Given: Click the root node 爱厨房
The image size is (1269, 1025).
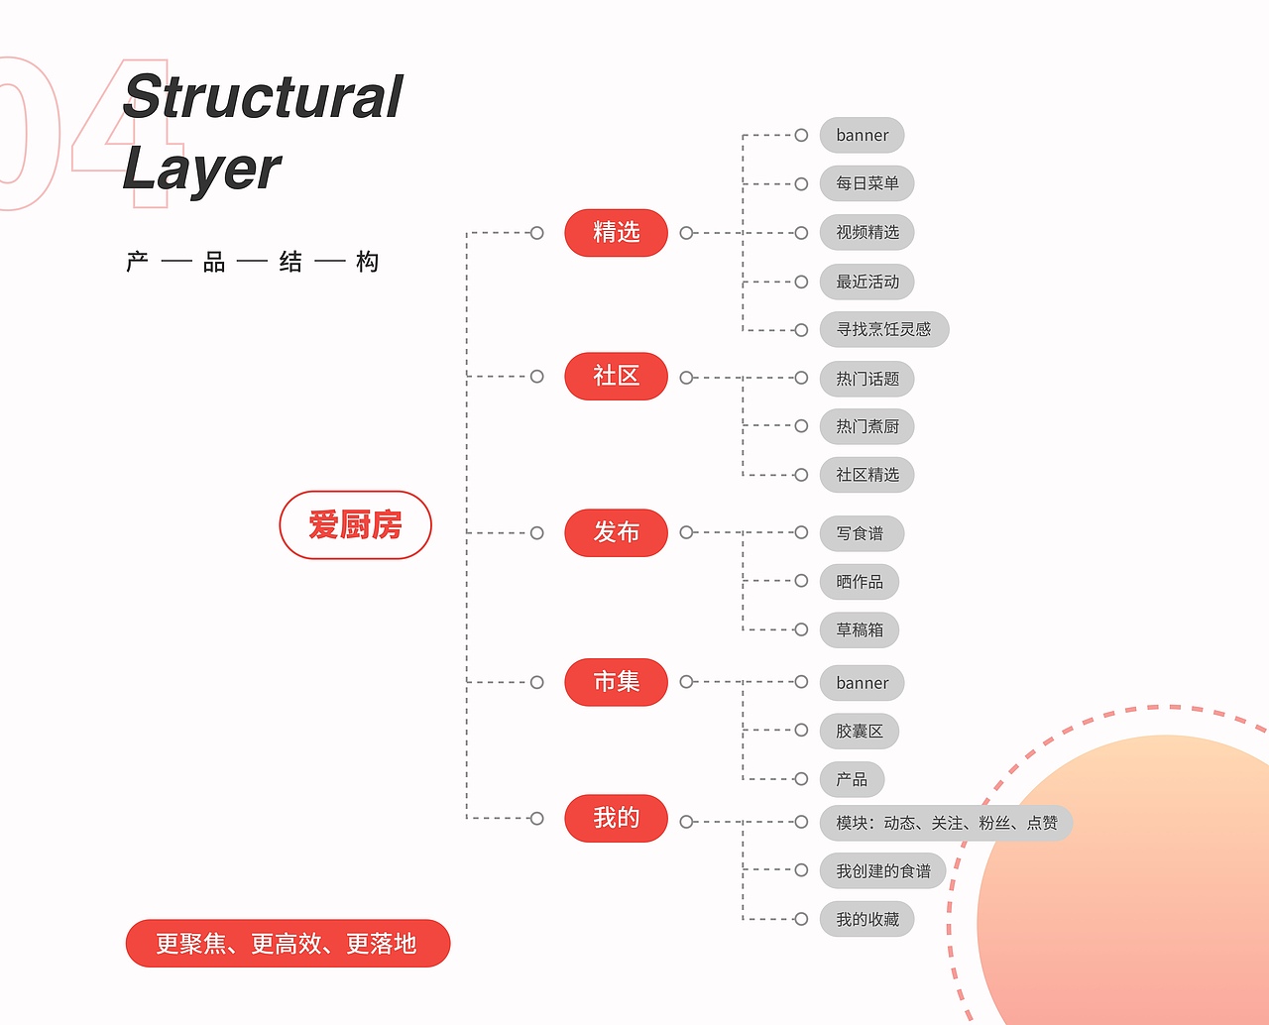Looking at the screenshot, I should [355, 525].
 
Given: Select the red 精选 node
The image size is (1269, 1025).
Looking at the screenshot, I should [616, 233].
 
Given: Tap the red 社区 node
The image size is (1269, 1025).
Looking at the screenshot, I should [616, 376].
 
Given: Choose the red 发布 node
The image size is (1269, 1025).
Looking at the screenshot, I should [616, 532].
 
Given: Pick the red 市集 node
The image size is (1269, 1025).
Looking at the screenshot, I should [616, 682].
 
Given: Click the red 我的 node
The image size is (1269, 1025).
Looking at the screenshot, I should [616, 818].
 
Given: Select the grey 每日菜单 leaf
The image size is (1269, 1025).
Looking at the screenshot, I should [866, 183].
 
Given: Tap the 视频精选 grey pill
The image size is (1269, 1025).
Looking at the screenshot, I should [866, 232].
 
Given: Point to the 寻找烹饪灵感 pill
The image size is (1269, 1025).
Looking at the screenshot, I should [883, 329].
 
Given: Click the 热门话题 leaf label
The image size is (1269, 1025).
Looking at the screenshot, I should [866, 379].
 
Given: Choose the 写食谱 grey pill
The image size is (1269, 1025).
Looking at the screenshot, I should [861, 533].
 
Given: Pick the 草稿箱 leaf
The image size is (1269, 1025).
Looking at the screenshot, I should [859, 629].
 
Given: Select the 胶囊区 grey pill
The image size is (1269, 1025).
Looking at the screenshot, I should [859, 731].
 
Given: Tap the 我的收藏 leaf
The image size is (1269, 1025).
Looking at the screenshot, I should [866, 919].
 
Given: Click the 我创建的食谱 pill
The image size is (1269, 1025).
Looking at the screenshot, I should [882, 871].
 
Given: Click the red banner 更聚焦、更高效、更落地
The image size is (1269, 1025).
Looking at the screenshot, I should [288, 944].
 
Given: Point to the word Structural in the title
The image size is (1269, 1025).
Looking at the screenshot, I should [264, 97].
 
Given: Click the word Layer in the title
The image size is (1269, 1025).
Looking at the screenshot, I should [202, 170].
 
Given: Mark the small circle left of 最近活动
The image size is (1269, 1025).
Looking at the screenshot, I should [801, 282].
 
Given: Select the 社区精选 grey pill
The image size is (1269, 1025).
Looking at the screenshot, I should [866, 475].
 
